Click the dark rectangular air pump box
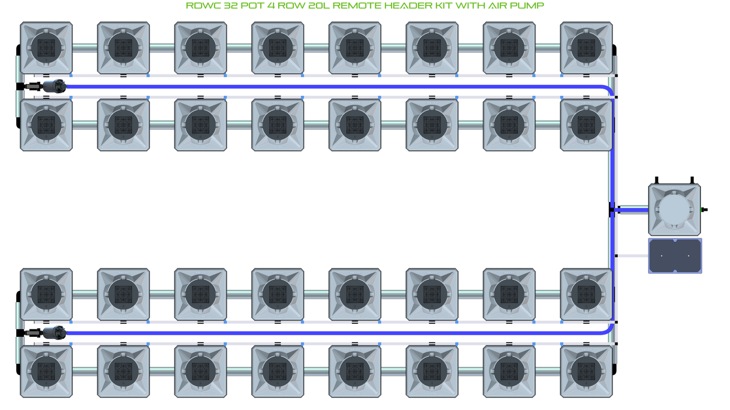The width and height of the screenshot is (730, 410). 675,256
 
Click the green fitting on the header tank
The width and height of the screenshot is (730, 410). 704,210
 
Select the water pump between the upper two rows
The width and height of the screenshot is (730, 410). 54,87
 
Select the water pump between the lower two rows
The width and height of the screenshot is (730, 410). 54,333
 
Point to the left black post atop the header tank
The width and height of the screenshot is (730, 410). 657,180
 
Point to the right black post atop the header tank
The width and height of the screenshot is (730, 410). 692,180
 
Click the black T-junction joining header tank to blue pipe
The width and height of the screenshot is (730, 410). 612,210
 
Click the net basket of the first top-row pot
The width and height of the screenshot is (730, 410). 46,48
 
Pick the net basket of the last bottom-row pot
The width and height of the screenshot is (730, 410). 587,371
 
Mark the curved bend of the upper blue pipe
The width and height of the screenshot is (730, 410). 609,89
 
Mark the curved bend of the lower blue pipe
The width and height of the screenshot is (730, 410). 609,330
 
